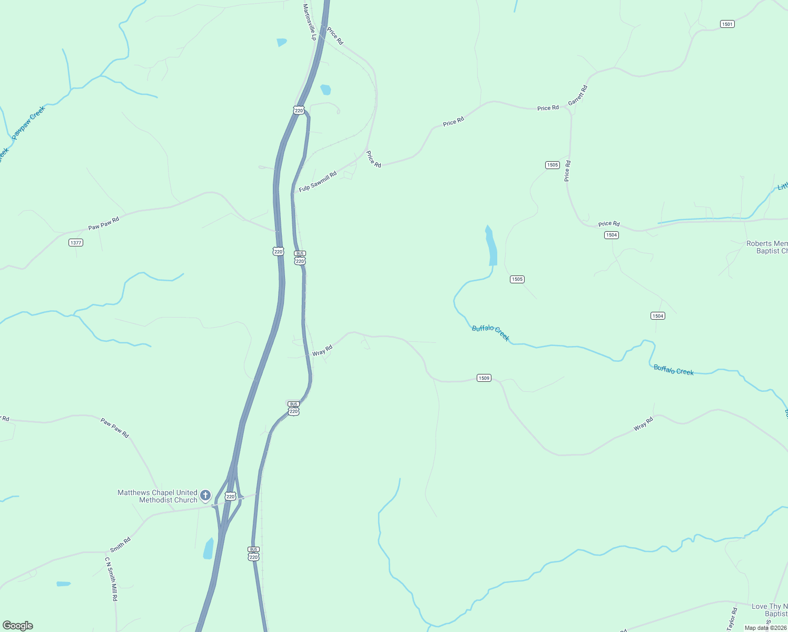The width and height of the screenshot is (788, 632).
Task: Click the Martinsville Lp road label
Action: click(x=309, y=22)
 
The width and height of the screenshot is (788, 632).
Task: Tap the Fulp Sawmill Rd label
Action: click(x=318, y=182)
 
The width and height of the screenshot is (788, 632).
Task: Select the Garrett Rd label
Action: click(x=578, y=95)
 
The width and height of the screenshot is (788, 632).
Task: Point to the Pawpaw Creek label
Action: click(x=28, y=122)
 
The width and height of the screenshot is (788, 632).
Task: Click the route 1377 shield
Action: click(x=76, y=243)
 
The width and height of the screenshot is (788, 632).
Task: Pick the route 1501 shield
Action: click(x=727, y=24)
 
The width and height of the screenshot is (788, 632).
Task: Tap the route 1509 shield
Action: click(x=484, y=378)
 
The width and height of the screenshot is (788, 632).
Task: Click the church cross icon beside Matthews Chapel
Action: click(x=205, y=496)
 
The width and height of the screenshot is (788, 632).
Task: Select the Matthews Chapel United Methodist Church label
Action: click(x=157, y=496)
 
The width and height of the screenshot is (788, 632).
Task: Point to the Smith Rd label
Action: click(x=121, y=544)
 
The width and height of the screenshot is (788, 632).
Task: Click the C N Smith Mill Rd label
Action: click(x=111, y=579)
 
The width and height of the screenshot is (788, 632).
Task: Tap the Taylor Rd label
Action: click(x=732, y=619)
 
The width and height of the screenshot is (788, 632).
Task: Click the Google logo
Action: click(x=17, y=626)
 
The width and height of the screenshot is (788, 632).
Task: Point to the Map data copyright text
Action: click(x=765, y=628)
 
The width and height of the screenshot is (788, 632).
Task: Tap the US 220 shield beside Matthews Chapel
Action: click(x=230, y=497)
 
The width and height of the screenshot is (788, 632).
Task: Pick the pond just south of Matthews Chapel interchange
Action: click(x=209, y=549)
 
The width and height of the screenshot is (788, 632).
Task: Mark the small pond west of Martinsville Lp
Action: click(x=282, y=42)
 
